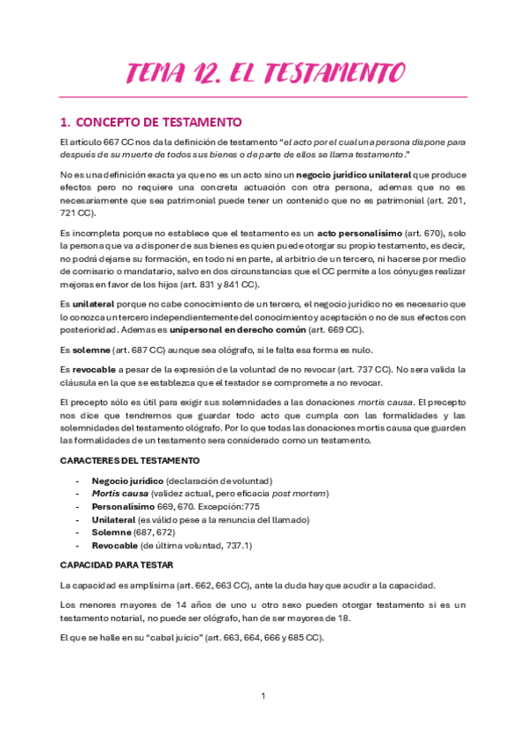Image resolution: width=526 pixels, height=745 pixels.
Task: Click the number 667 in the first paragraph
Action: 108,141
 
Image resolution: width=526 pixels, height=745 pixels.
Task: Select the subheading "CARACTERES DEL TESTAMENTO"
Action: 130,460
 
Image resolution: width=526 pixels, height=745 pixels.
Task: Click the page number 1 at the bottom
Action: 263,696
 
